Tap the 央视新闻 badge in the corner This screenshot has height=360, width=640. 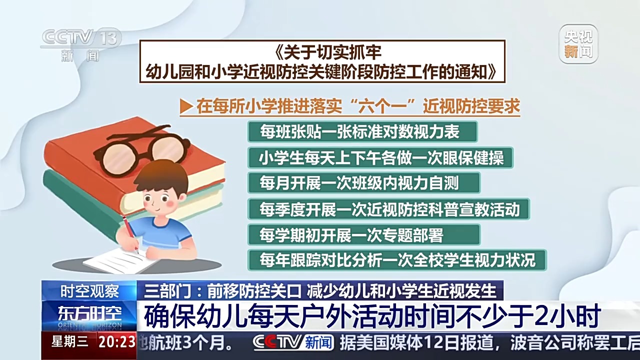[x=578, y=44]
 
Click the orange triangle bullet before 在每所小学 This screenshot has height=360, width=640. [x=186, y=106]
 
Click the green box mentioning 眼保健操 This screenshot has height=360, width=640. [x=380, y=157]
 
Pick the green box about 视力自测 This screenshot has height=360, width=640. [x=363, y=183]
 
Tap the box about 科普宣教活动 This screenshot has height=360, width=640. [x=388, y=208]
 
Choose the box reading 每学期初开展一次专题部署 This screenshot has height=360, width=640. [x=363, y=234]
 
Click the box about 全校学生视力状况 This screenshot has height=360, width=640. [x=396, y=260]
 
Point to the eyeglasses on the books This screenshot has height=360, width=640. [x=142, y=149]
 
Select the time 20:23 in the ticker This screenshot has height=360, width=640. [x=117, y=342]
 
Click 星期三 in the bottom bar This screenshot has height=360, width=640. [x=69, y=342]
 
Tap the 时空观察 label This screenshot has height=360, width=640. [x=89, y=290]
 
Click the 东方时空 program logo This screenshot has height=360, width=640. [x=89, y=314]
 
